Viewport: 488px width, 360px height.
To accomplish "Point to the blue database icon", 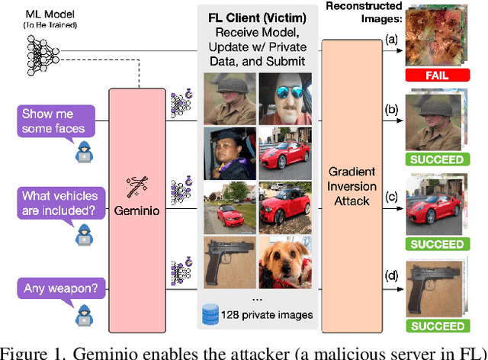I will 208,313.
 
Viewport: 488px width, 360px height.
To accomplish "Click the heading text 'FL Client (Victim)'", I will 255,17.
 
